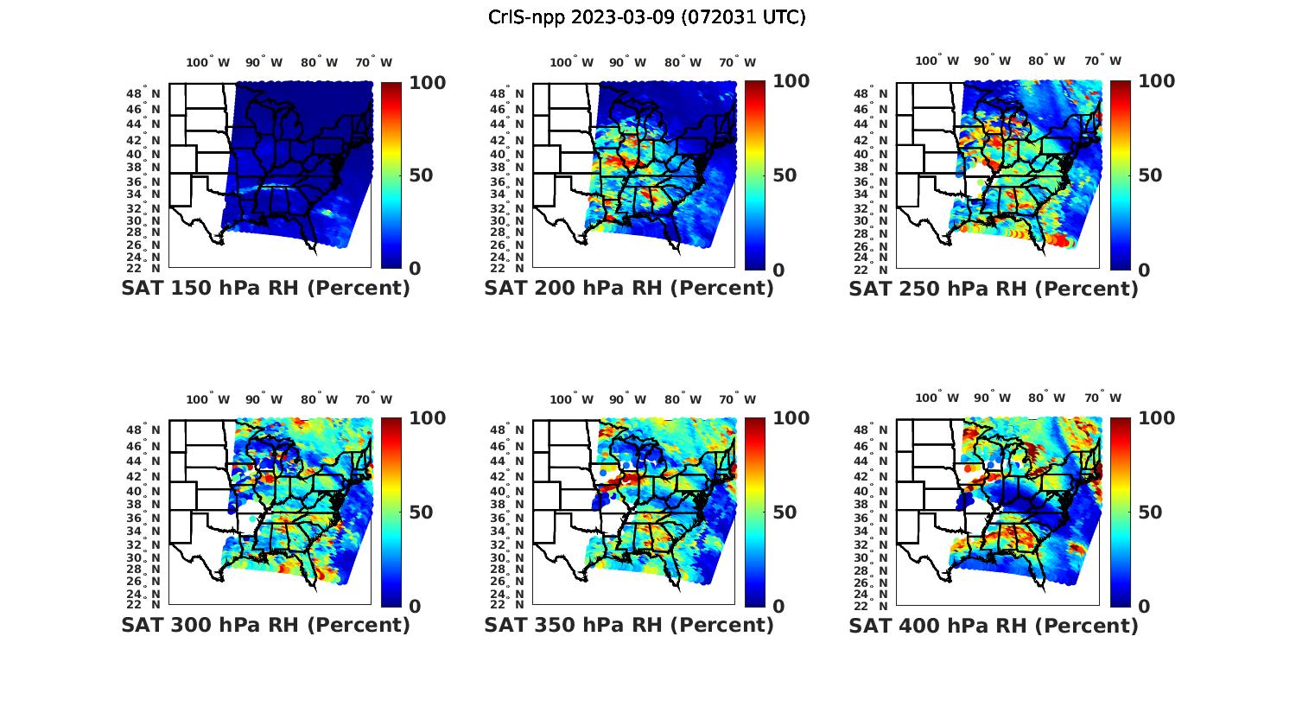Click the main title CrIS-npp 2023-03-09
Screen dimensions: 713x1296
(x=647, y=17)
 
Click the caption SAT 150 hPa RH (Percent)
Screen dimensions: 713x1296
(x=266, y=289)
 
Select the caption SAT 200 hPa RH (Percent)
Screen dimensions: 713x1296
(x=629, y=289)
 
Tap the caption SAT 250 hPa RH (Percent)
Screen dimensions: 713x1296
(x=994, y=289)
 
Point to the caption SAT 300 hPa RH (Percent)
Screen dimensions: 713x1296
(x=266, y=625)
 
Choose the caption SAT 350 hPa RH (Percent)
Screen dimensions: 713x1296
(x=629, y=625)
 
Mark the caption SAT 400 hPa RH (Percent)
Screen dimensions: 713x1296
(x=994, y=625)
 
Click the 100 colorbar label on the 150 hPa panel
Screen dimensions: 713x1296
(x=427, y=82)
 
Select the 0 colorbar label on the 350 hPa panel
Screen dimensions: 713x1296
(x=778, y=607)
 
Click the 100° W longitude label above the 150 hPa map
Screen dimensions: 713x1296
(x=208, y=62)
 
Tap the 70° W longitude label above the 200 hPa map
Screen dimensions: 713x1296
(x=736, y=62)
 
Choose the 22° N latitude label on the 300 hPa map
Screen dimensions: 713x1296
(x=149, y=603)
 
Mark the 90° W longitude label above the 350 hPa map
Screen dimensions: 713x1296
(x=627, y=399)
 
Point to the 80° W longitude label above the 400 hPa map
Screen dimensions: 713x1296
(x=1045, y=398)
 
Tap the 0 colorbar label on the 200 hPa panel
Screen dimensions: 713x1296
(x=778, y=271)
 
